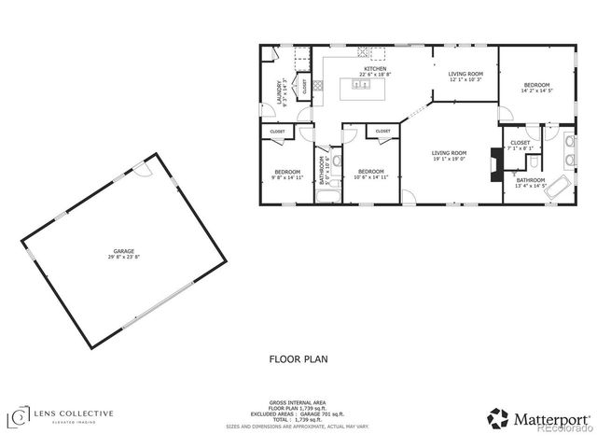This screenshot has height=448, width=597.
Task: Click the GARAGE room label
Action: [124, 250]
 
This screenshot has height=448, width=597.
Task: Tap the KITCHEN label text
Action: [375, 69]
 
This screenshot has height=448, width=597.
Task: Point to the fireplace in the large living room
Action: [494, 164]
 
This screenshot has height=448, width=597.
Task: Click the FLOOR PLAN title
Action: [298, 357]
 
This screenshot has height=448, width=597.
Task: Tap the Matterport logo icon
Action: [498, 418]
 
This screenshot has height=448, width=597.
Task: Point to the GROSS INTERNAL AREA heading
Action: [298, 403]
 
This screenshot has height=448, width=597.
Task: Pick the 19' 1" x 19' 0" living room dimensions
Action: [449, 159]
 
